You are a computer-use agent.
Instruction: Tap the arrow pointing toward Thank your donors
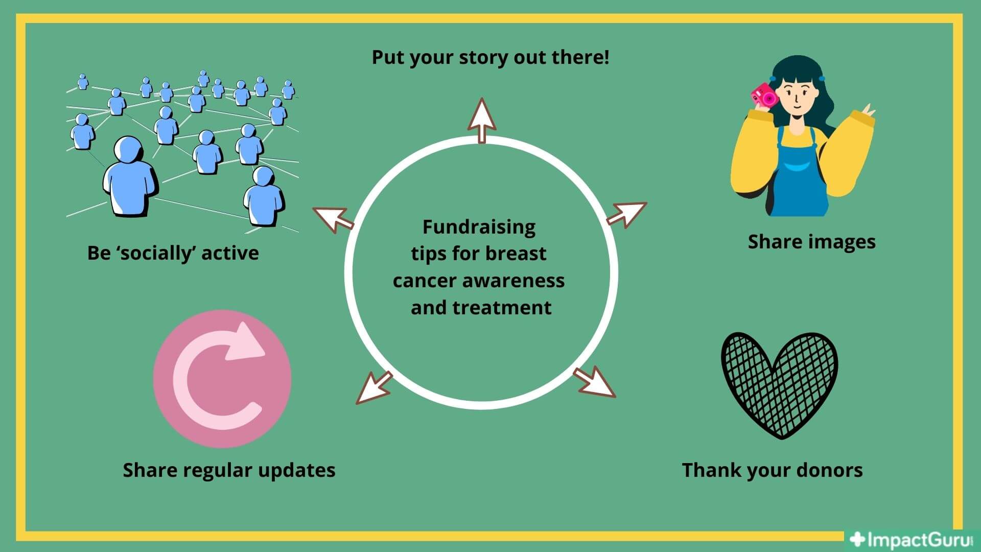click(x=595, y=382)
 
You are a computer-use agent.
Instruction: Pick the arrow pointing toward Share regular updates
click(x=373, y=388)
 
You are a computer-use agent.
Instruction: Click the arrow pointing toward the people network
click(x=333, y=220)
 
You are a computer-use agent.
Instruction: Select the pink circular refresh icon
click(x=222, y=379)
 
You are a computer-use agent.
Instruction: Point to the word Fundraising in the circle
click(x=479, y=227)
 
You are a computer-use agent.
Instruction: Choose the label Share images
click(x=811, y=242)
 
